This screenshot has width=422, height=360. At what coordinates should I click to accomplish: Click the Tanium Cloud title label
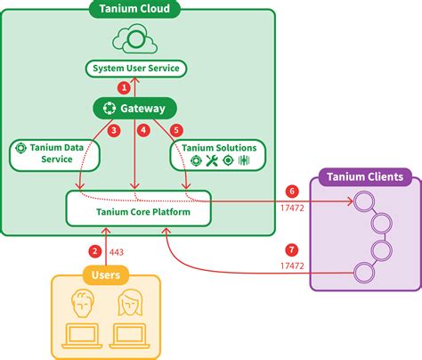(x=134, y=11)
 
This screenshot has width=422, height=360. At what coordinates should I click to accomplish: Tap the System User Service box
(x=136, y=69)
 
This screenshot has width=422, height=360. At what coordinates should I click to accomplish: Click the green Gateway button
(x=134, y=109)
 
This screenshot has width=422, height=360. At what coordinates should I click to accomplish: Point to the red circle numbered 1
(x=125, y=87)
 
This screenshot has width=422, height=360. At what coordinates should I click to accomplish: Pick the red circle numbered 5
(x=175, y=130)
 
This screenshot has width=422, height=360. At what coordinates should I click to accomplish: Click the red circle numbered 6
(x=291, y=191)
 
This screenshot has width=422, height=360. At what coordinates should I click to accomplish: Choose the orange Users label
(x=106, y=274)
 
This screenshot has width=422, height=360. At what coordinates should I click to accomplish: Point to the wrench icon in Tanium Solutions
(x=212, y=161)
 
